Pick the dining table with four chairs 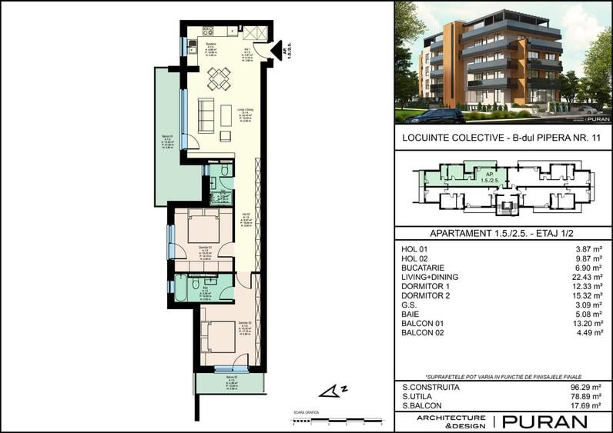[x=219, y=78]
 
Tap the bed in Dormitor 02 [x=217, y=336]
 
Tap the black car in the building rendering [x=434, y=116]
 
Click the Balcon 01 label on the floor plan [x=167, y=141]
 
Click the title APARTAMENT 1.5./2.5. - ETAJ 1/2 [x=503, y=233]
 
